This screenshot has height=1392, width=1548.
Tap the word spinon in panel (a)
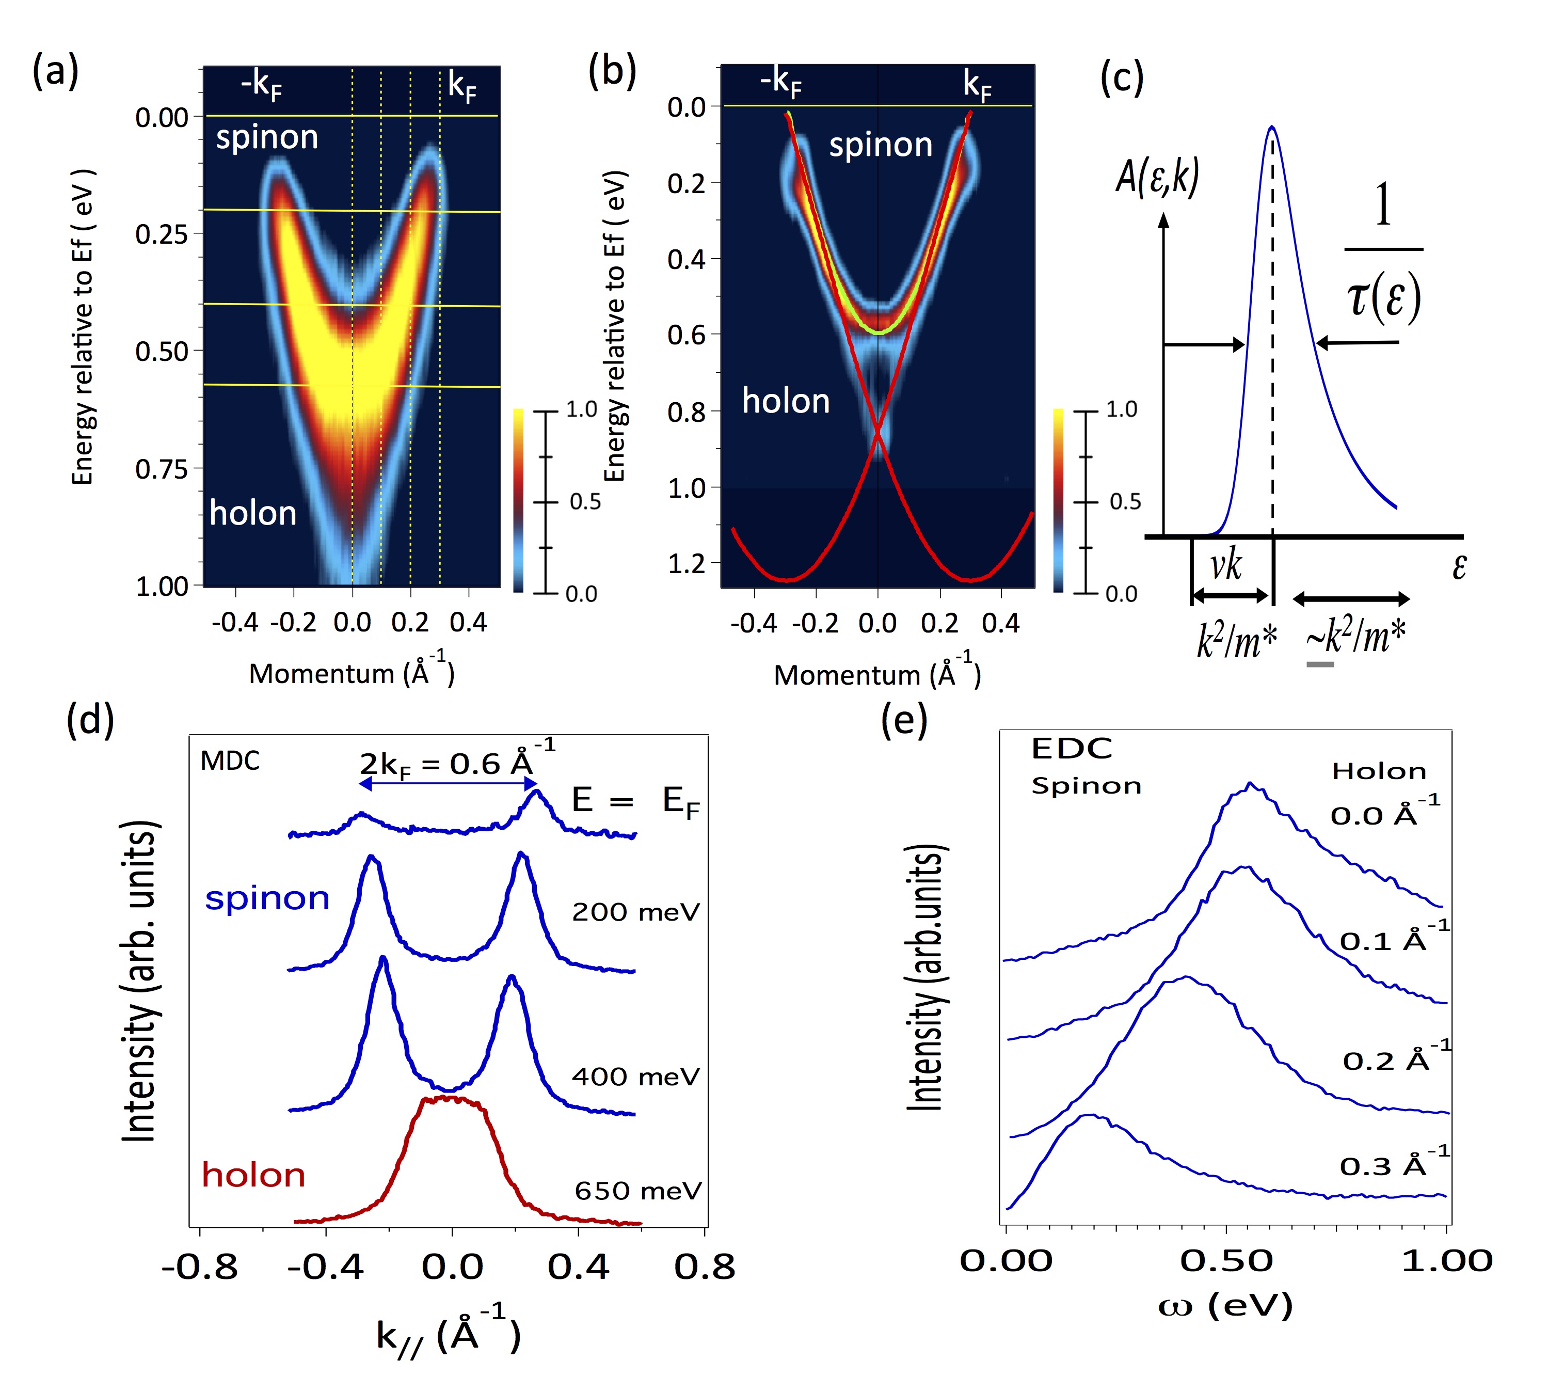point(267,138)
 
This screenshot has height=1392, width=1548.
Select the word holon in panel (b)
point(786,401)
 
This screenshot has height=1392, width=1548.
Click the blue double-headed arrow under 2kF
point(448,783)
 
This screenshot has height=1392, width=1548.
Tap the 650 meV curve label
point(637,1190)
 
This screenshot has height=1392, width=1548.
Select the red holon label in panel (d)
point(253,1174)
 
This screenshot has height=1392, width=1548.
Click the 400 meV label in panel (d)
point(635,1076)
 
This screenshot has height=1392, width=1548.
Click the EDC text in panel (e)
point(1072,748)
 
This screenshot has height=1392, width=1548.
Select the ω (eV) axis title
point(1225,1306)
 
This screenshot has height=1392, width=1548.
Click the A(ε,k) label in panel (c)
point(1157,177)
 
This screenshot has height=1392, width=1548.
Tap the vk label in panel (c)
point(1226,566)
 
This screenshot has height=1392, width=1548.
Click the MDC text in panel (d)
point(230,761)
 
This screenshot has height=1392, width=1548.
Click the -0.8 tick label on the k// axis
point(200,1268)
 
